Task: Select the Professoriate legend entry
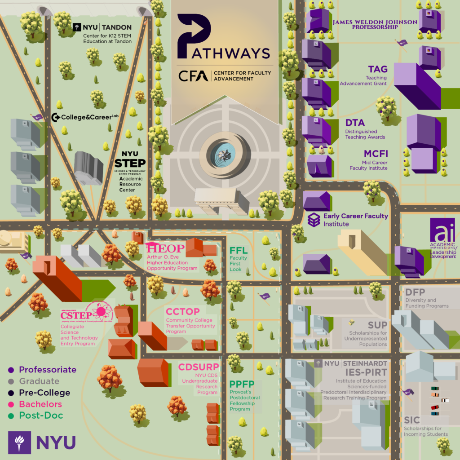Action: point(48,370)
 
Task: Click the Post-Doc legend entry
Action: point(41,416)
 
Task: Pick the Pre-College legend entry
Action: point(44,393)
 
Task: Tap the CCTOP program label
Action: point(182,311)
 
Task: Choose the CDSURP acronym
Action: point(199,367)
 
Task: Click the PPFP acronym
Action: point(242,384)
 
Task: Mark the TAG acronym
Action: point(377,69)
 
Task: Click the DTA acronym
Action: point(355,123)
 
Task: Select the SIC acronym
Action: point(412,420)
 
